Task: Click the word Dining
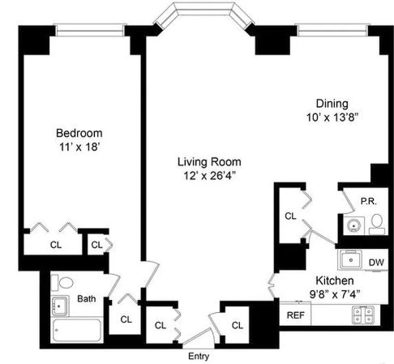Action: (332, 104)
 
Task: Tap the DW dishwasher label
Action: (375, 262)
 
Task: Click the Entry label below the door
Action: (198, 356)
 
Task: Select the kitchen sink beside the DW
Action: (351, 260)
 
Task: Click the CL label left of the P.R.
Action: (290, 216)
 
